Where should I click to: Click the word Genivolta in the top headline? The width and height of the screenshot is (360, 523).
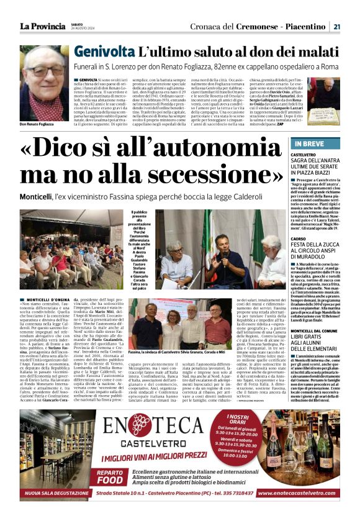(x=103, y=53)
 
